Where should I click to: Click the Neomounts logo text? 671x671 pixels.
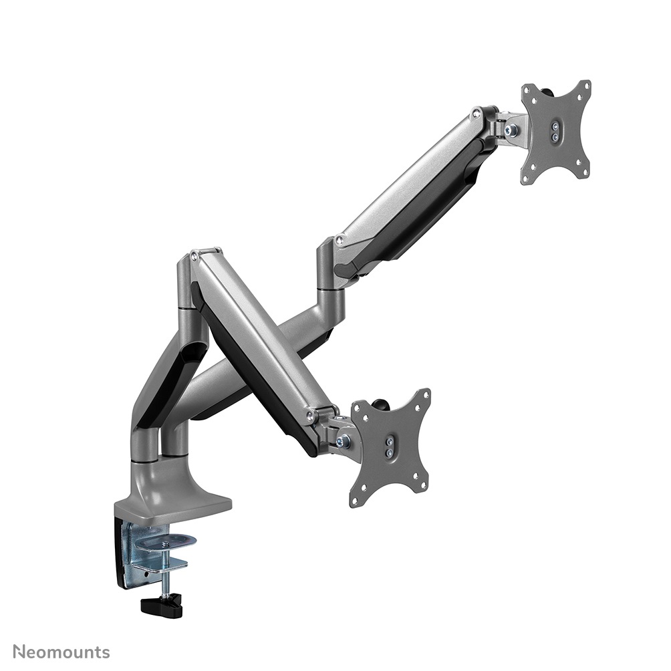(61, 651)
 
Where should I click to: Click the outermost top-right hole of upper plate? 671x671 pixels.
(586, 86)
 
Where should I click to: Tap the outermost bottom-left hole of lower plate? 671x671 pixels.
(355, 501)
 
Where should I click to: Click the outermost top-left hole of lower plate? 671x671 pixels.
(358, 406)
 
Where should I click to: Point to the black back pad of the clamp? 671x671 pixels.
(123, 555)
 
